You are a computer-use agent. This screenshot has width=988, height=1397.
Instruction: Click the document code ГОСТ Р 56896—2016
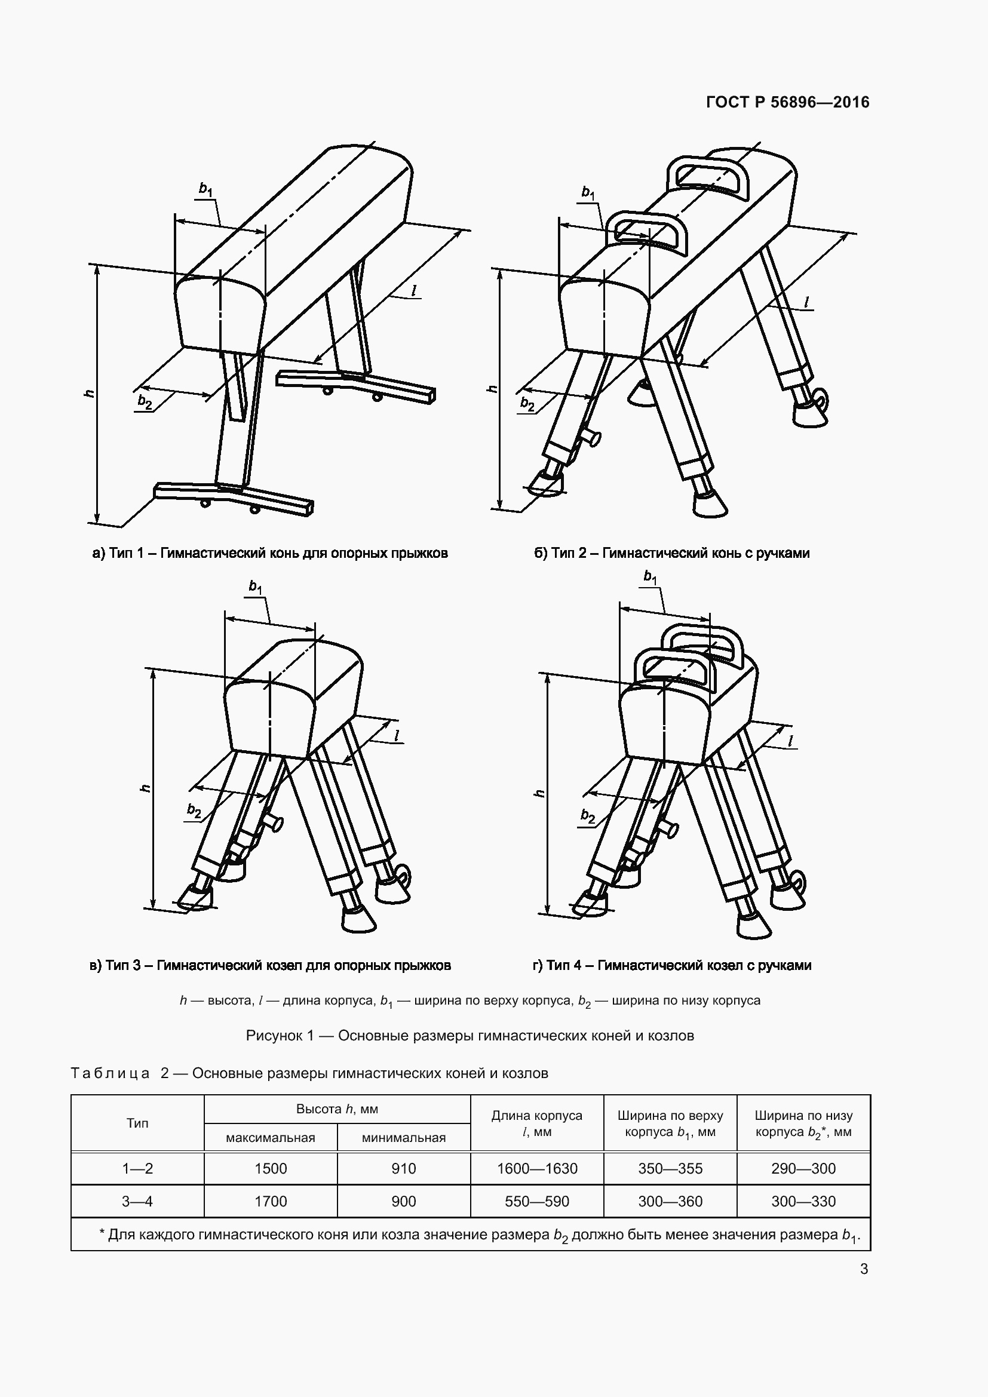click(x=787, y=102)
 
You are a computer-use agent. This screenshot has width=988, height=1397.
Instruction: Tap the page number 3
click(x=864, y=1269)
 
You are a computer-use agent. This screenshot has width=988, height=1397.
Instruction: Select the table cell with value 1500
click(x=271, y=1168)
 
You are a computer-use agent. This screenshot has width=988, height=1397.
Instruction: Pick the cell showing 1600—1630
click(x=536, y=1168)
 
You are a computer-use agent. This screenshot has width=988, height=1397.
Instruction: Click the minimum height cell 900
click(x=403, y=1201)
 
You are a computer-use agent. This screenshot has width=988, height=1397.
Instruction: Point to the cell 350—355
click(x=670, y=1168)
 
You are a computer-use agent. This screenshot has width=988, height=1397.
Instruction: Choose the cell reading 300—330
click(x=803, y=1201)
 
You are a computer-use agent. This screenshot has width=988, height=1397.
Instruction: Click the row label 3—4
click(x=137, y=1201)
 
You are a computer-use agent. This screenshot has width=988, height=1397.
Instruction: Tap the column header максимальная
click(x=271, y=1137)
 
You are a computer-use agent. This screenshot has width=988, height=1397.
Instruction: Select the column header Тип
click(x=137, y=1123)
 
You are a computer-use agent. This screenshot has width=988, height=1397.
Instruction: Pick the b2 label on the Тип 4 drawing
click(x=587, y=816)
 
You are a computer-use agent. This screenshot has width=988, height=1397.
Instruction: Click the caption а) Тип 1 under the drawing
click(x=269, y=553)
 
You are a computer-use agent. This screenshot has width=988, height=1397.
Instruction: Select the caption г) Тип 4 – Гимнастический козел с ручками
click(x=671, y=965)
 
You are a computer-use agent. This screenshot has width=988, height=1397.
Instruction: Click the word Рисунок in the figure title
click(x=275, y=1036)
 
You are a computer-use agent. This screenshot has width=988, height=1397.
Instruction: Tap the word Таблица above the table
click(x=110, y=1073)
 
